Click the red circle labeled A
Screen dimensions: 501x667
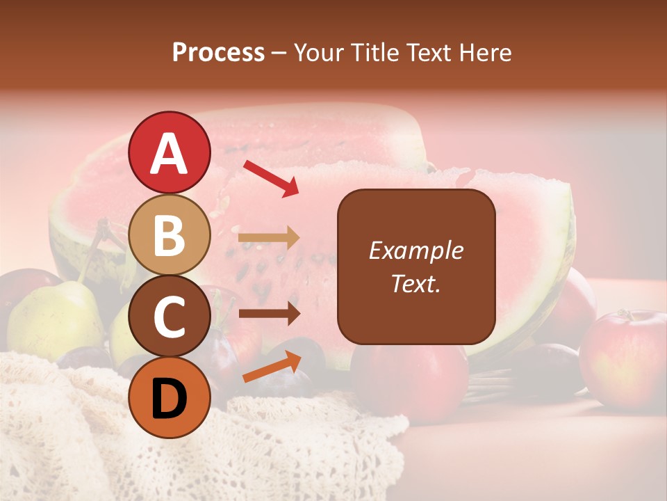click(x=170, y=153)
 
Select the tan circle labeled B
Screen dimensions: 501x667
click(x=170, y=235)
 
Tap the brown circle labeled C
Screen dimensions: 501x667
click(x=170, y=317)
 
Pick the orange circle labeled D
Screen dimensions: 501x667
click(x=170, y=398)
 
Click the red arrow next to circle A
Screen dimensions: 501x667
click(x=271, y=178)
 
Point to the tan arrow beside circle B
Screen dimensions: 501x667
click(x=269, y=238)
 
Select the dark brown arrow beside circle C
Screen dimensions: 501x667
click(x=269, y=314)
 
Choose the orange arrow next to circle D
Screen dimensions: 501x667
click(x=272, y=367)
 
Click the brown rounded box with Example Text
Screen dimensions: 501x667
click(x=416, y=267)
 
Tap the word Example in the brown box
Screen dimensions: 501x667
click(x=416, y=250)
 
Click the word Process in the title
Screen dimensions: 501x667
click(x=218, y=52)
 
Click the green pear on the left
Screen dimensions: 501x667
click(x=56, y=317)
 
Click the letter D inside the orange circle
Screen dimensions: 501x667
click(x=170, y=399)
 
